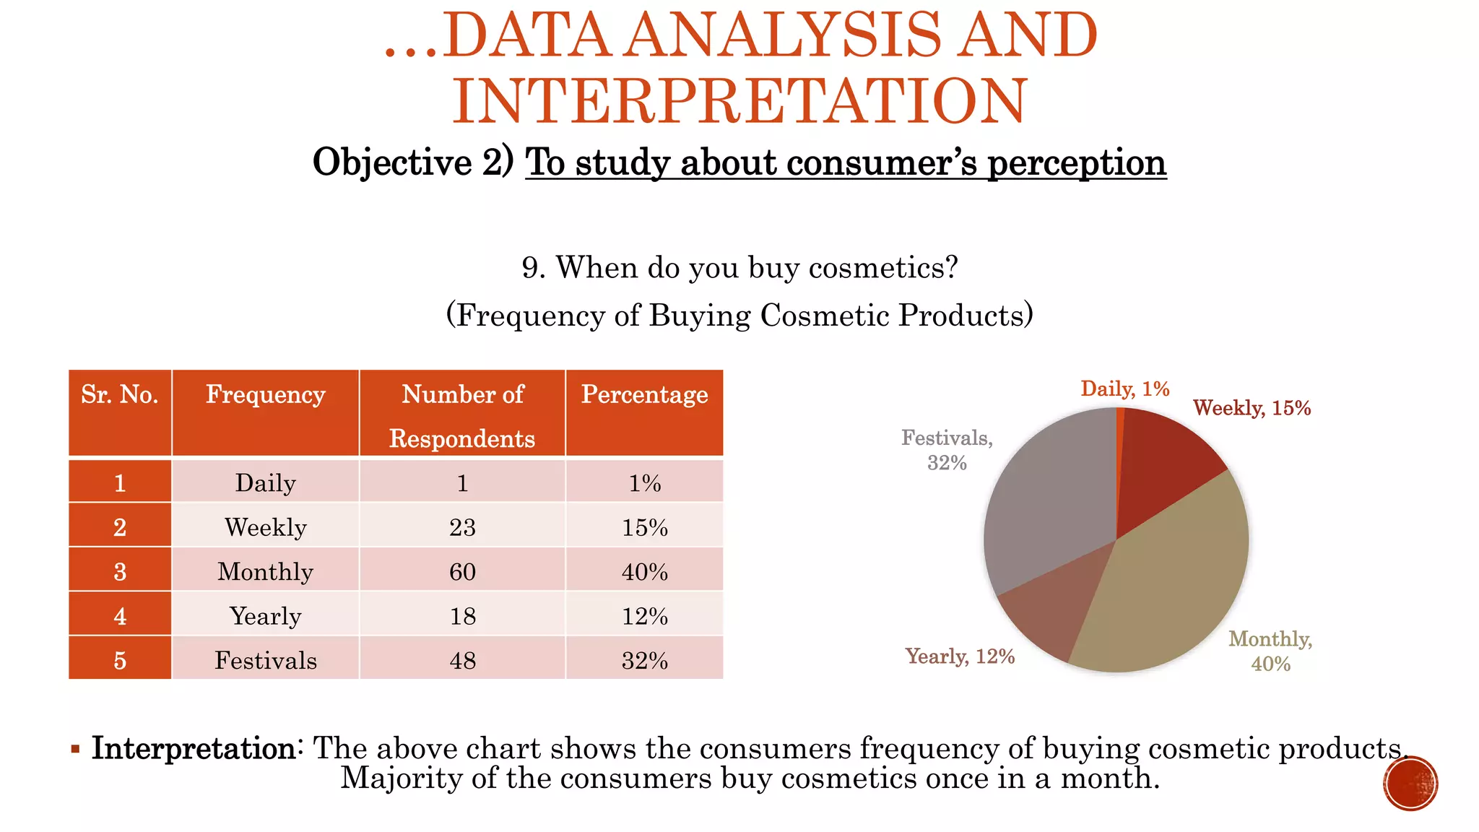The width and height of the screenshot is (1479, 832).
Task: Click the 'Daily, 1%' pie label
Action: click(x=1124, y=389)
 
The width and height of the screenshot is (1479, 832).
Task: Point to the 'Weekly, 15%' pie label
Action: click(x=1252, y=408)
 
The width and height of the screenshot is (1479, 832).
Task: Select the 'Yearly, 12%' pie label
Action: click(x=960, y=656)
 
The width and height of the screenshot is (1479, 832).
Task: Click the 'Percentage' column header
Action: click(x=644, y=395)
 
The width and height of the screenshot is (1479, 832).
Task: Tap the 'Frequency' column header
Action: click(x=265, y=395)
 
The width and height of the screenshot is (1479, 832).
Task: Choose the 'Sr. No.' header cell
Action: click(x=120, y=395)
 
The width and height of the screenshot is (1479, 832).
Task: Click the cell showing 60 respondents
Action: click(x=462, y=571)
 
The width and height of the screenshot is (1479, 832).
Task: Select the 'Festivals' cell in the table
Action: click(x=265, y=660)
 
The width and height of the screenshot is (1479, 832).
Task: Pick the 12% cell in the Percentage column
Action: click(x=644, y=616)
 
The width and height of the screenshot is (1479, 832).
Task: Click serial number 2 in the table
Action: click(x=120, y=527)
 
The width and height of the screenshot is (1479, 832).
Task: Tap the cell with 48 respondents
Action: click(x=462, y=660)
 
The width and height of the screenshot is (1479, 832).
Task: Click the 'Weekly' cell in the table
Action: click(x=265, y=527)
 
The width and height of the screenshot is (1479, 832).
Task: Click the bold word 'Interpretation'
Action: click(x=193, y=748)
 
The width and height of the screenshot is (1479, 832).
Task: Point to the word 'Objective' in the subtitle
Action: click(x=392, y=162)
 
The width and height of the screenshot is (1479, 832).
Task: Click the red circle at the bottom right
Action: click(x=1410, y=784)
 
